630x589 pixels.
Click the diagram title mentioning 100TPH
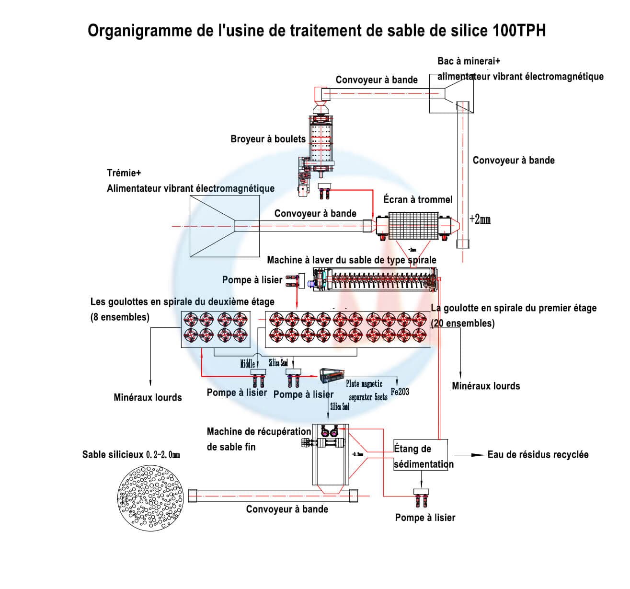tap(317, 31)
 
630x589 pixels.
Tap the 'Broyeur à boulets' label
tap(268, 139)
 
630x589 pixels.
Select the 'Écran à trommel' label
tap(418, 199)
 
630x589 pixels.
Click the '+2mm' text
tap(480, 219)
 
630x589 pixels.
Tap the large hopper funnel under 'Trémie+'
tap(213, 227)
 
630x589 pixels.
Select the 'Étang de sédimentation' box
tap(421, 456)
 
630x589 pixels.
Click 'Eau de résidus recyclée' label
tap(538, 454)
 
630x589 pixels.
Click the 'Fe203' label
tap(400, 392)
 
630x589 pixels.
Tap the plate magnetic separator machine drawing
tap(332, 375)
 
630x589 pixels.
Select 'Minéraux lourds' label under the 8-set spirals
tap(148, 397)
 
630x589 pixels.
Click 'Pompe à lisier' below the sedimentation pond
tap(425, 518)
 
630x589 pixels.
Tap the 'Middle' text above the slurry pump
tap(247, 364)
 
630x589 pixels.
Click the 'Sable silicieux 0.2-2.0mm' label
tap(131, 454)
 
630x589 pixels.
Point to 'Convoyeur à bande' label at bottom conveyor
tap(287, 509)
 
